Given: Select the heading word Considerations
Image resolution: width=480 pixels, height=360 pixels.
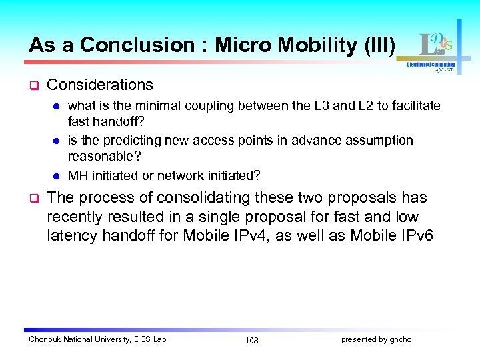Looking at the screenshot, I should [x=100, y=85].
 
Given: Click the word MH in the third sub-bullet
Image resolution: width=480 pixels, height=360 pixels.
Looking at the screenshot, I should [x=77, y=175].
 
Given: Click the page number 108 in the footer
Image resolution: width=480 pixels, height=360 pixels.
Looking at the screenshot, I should [x=251, y=341].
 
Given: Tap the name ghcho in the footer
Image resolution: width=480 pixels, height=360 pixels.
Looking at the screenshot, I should [x=401, y=340].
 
